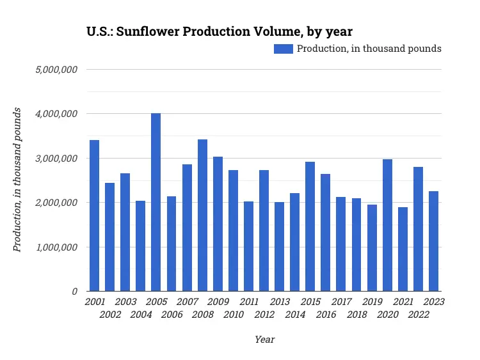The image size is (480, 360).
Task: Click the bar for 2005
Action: coord(156,202)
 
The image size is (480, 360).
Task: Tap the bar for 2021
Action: coord(403,249)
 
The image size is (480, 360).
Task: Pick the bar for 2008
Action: coord(202,215)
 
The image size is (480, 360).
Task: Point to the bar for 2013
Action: coord(279,246)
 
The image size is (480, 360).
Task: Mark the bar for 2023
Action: coord(433,241)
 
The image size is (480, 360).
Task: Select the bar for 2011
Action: coord(248,246)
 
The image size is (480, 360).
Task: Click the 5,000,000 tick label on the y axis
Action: coord(56,69)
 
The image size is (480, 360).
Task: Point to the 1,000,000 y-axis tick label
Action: coord(56,247)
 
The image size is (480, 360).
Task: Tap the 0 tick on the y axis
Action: coord(75,291)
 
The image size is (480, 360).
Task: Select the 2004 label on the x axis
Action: coord(141,315)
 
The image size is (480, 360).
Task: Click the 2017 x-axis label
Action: coord(341,302)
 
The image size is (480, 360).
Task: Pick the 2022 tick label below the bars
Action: coord(418,315)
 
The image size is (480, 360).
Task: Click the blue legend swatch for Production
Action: coord(284,49)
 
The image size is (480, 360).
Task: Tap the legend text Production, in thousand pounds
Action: coord(369,49)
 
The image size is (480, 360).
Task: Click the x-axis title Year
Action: coord(264,340)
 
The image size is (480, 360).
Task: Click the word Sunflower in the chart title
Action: coord(148,31)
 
